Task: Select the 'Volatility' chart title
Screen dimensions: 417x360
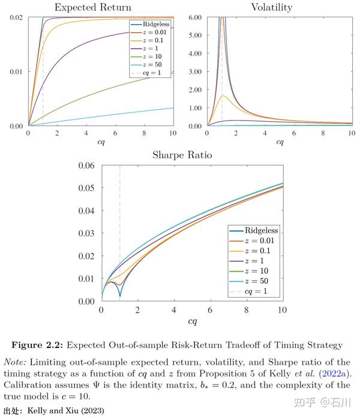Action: tap(272, 7)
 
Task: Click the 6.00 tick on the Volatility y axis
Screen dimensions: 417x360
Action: tap(193, 18)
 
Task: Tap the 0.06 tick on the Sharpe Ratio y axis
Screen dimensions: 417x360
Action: tap(86, 166)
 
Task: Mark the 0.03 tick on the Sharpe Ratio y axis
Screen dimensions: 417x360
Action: tap(86, 233)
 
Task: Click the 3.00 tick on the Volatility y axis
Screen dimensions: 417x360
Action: tap(193, 72)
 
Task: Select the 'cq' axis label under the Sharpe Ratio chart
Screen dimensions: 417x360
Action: tap(193, 321)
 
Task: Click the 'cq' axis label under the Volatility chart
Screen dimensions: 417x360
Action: tap(280, 142)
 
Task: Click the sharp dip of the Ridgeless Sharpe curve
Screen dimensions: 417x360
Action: tap(120, 296)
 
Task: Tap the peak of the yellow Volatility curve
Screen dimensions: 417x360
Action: tap(223, 96)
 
